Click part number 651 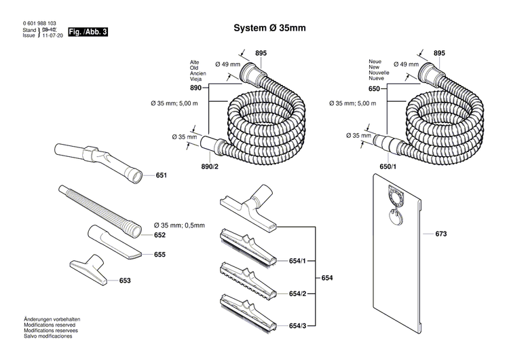click(x=161, y=175)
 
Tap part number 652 click(x=159, y=235)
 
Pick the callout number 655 click(x=160, y=255)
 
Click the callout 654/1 click(x=297, y=261)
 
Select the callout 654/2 click(x=297, y=293)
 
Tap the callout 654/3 click(x=297, y=326)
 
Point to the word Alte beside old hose click(x=195, y=62)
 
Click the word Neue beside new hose click(x=375, y=62)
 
